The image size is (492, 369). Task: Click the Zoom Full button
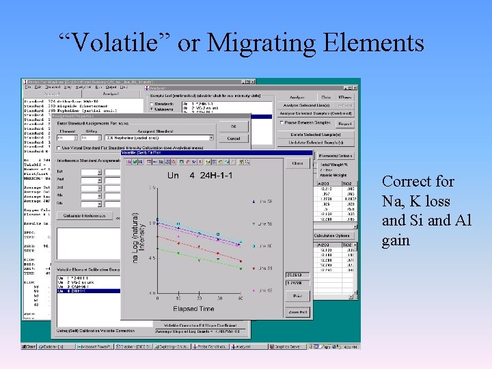click(x=297, y=312)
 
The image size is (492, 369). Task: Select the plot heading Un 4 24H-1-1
click(x=200, y=175)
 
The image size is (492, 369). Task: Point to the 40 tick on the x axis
click(x=241, y=299)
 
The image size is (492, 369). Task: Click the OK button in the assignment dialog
click(x=234, y=126)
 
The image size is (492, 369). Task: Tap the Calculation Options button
click(x=333, y=236)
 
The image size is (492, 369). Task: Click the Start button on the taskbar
click(x=31, y=346)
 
